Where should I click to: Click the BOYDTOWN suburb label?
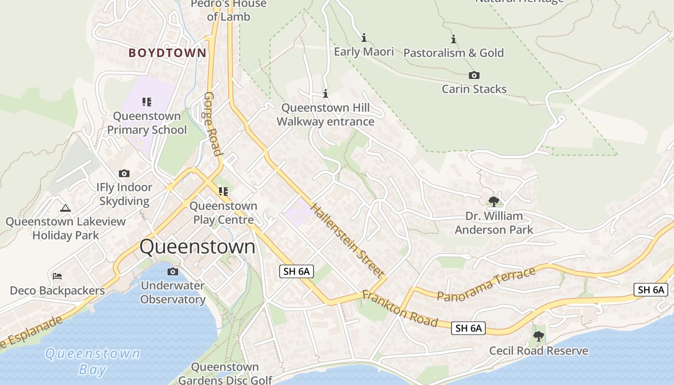pos(167,53)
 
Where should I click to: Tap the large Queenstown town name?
pos(197,247)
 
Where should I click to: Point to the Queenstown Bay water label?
pos(92,361)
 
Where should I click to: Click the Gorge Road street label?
pos(213,124)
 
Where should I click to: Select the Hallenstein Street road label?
pos(347,240)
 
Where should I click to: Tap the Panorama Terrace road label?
pos(486,284)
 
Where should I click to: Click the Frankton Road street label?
pos(400,308)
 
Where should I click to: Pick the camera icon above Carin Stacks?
pos(474,75)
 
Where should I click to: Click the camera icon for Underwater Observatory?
pos(173,272)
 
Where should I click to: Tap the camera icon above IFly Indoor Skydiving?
pos(124,173)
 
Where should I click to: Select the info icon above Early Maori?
pos(364,38)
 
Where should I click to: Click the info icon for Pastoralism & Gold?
pos(453,39)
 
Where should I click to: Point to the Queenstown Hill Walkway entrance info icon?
pos(325,93)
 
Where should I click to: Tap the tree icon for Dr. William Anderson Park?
pos(493,201)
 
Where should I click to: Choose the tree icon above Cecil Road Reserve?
pos(539,336)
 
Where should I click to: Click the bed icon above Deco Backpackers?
pos(57,276)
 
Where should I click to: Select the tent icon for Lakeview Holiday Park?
pos(65,208)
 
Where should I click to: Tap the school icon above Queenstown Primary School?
pos(147,102)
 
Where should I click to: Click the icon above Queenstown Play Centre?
pos(223,192)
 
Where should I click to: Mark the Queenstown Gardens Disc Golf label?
pos(225,373)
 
